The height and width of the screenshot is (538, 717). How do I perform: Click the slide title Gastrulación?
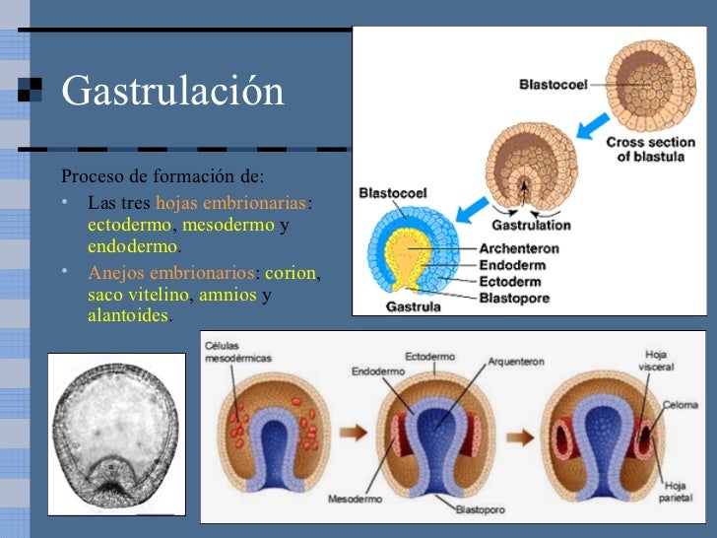172,92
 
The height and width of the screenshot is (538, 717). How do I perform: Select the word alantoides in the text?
129,316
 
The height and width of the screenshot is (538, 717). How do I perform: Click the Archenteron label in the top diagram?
517,249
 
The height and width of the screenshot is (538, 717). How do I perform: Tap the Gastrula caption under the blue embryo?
414,306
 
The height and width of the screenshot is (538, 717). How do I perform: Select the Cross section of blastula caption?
650,150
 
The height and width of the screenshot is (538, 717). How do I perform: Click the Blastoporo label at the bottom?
480,509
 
